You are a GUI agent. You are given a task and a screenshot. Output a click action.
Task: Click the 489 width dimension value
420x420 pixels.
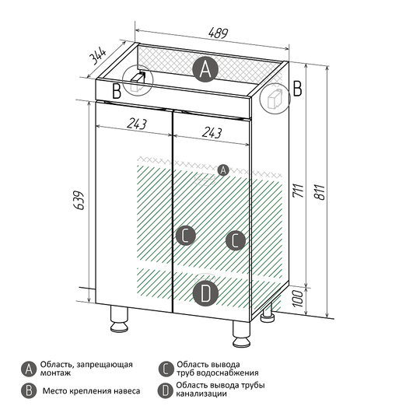coord(218,33)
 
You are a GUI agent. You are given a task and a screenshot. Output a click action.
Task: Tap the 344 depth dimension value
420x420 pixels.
coord(97,56)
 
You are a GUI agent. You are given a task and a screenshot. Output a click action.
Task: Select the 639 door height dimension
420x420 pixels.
coord(79,200)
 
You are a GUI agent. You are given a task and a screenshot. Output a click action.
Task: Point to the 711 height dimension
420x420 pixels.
coord(298,191)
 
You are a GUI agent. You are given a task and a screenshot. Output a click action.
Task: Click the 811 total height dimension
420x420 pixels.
coord(320,192)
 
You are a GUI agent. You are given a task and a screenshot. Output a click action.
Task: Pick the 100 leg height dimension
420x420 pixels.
coord(298,299)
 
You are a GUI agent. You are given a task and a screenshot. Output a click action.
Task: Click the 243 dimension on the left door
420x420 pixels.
coord(137,124)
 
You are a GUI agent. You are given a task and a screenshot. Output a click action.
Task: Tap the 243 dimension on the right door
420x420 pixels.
coord(212,132)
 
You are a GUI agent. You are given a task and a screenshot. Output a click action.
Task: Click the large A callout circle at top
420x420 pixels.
coord(205,69)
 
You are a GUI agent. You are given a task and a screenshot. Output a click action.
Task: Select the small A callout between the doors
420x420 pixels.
coord(223,170)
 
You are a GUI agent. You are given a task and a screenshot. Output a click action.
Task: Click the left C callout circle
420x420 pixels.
coord(186,236)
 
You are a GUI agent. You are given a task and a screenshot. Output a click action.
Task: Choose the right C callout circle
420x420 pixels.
coord(236,240)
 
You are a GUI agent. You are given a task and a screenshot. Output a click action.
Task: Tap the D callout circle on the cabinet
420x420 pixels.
coord(205,293)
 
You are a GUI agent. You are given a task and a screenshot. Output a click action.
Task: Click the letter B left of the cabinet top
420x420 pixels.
coord(117,91)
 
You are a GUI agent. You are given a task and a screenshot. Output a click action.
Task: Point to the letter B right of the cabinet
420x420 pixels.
coord(297,89)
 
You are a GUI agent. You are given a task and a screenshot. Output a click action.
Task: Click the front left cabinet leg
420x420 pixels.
coord(119,319)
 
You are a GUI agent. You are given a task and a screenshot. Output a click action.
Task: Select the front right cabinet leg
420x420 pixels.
coord(242,334)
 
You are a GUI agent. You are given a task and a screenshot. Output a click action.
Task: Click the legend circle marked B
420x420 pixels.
coord(29,390)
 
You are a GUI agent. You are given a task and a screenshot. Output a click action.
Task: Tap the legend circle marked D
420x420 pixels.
coord(166,390)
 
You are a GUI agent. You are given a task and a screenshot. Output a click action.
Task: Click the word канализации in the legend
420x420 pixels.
coord(201,394)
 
